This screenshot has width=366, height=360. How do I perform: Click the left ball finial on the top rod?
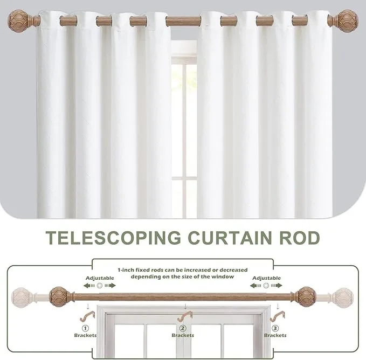[18, 20]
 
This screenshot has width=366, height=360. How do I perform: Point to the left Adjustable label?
[100, 278]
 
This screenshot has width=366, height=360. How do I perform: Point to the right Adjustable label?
[267, 278]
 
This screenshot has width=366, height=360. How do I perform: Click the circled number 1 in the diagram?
[85, 328]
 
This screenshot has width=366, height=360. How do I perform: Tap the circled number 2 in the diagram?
[183, 328]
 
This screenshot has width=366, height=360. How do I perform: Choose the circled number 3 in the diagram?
[275, 328]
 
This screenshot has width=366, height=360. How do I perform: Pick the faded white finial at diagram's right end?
[342, 297]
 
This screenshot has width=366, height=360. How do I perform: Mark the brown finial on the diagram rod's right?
[306, 296]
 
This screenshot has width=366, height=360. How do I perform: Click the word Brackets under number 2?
[183, 335]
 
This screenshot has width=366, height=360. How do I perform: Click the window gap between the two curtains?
[184, 124]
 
